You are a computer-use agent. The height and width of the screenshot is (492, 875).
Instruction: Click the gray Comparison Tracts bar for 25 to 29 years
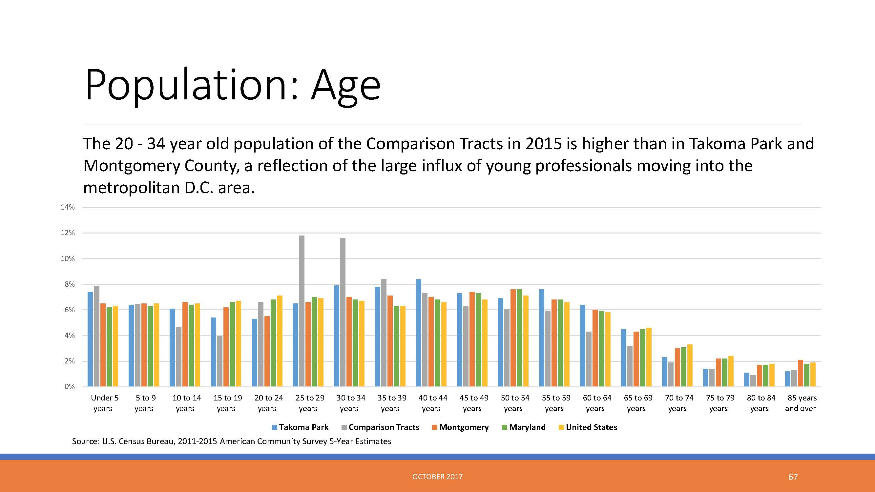[x=302, y=311]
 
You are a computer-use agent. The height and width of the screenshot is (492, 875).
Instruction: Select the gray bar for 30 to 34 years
[x=343, y=312]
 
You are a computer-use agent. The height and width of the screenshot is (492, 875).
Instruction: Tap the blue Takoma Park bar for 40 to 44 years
[x=419, y=333]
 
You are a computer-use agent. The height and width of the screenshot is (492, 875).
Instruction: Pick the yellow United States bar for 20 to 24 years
[x=280, y=341]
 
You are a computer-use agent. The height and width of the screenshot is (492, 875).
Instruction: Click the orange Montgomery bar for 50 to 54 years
[x=513, y=338]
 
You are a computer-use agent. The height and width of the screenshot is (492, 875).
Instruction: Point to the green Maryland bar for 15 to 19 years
[x=232, y=344]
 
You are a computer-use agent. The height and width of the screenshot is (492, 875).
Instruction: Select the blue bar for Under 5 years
[x=90, y=339]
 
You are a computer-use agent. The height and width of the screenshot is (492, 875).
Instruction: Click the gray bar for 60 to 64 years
[x=589, y=359]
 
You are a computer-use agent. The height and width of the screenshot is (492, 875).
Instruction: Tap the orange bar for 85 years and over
[x=801, y=373]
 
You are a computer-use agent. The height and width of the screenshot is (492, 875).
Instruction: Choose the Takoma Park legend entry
[x=300, y=427]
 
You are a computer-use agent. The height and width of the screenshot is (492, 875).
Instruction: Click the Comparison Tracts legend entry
[x=380, y=427]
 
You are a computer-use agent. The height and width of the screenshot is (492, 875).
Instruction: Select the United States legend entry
[x=588, y=427]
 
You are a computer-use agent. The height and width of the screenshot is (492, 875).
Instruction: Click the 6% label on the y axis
[x=70, y=310]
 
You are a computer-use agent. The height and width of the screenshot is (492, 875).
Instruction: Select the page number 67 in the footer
[x=793, y=477]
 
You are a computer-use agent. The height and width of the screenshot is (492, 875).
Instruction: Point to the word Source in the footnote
[x=85, y=441]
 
